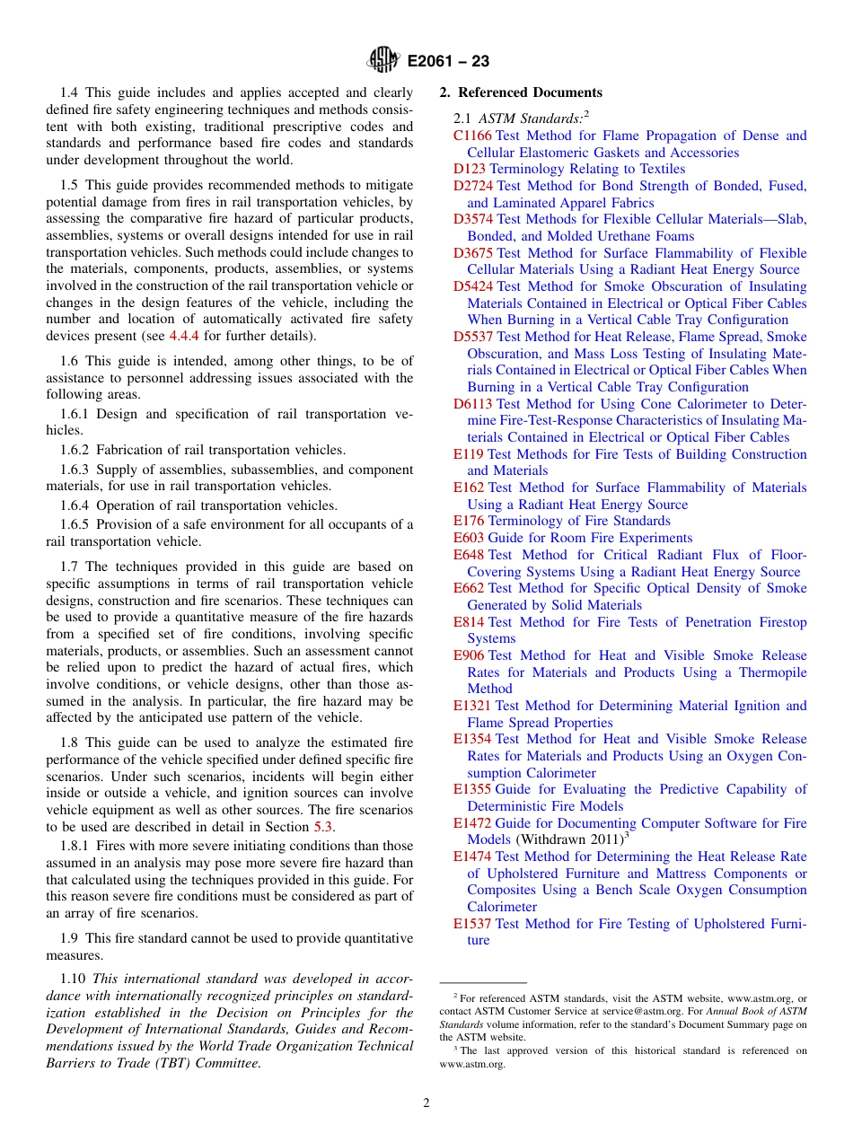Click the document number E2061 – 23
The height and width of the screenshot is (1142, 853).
(448, 62)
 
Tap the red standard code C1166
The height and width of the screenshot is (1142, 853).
(472, 136)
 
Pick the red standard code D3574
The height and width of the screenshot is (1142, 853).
(473, 219)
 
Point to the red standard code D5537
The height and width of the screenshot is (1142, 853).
(473, 337)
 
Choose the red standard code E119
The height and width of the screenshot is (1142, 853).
(469, 454)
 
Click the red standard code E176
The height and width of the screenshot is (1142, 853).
(469, 521)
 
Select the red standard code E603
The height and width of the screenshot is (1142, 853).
(469, 538)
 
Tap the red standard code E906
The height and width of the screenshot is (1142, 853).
(469, 655)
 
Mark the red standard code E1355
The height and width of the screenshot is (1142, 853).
(472, 789)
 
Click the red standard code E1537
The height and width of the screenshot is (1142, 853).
(472, 924)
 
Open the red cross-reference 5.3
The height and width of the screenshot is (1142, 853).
(322, 827)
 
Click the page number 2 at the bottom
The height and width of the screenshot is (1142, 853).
(426, 1103)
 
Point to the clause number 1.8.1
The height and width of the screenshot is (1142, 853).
(76, 846)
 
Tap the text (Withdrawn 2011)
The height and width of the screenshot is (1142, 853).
(569, 839)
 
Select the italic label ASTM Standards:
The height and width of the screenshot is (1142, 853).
(530, 118)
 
